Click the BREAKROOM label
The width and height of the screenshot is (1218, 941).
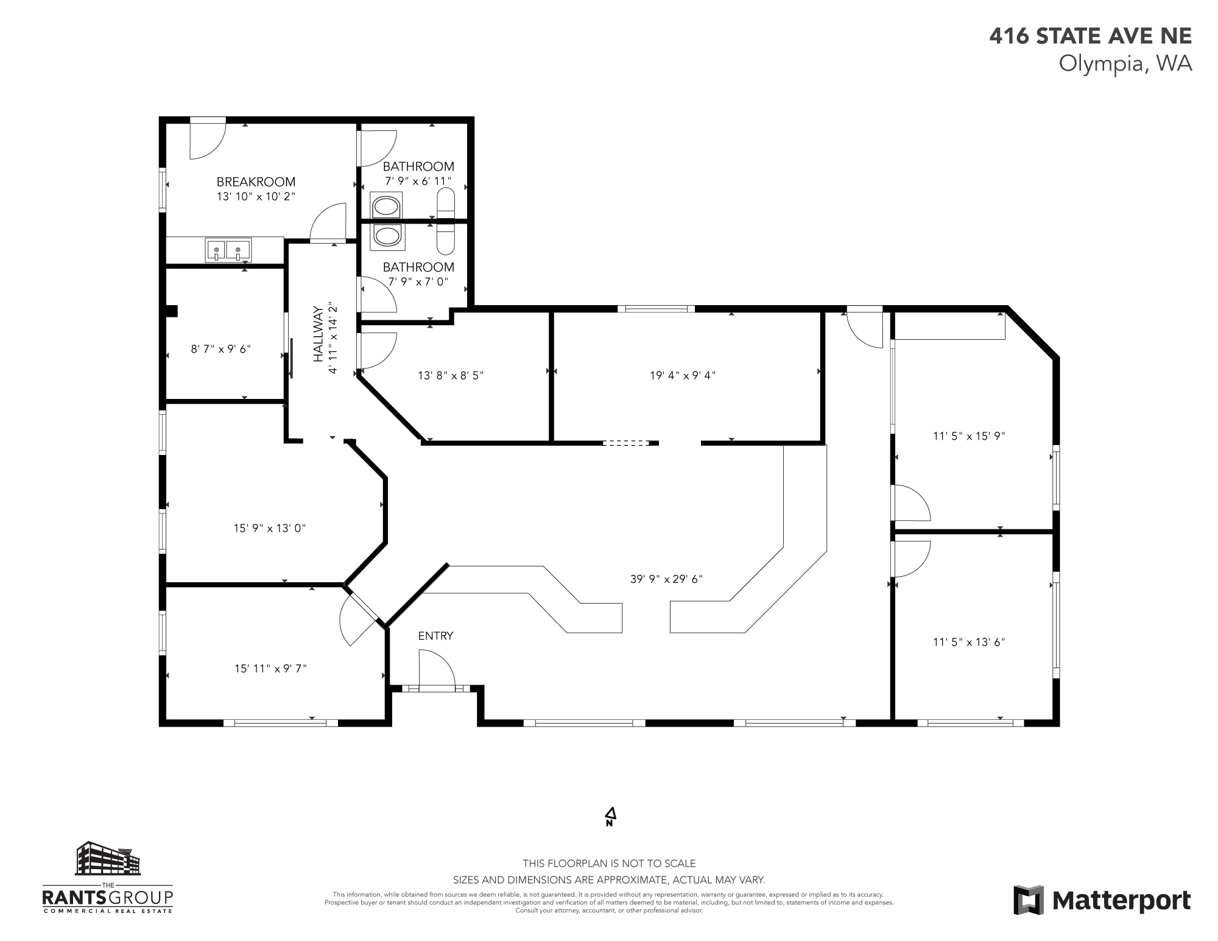click(256, 182)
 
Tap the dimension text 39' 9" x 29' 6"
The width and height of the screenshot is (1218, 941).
click(666, 579)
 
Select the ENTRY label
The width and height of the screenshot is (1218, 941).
click(435, 636)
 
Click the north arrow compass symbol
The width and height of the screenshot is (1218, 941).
click(610, 817)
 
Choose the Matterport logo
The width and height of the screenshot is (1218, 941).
click(1102, 900)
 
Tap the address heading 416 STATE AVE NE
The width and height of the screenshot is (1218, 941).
click(1090, 36)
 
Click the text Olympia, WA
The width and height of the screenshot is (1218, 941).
click(1125, 63)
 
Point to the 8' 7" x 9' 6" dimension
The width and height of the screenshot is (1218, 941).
click(220, 349)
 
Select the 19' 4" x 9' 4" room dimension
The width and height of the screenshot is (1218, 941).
click(682, 376)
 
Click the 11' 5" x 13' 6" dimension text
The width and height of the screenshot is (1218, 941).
click(968, 642)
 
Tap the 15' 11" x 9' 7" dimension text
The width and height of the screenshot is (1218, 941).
click(270, 669)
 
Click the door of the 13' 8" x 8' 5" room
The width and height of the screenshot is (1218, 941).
click(378, 351)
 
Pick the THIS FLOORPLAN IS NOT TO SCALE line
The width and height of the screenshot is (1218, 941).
click(609, 864)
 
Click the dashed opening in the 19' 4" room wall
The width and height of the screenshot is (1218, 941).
click(626, 443)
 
